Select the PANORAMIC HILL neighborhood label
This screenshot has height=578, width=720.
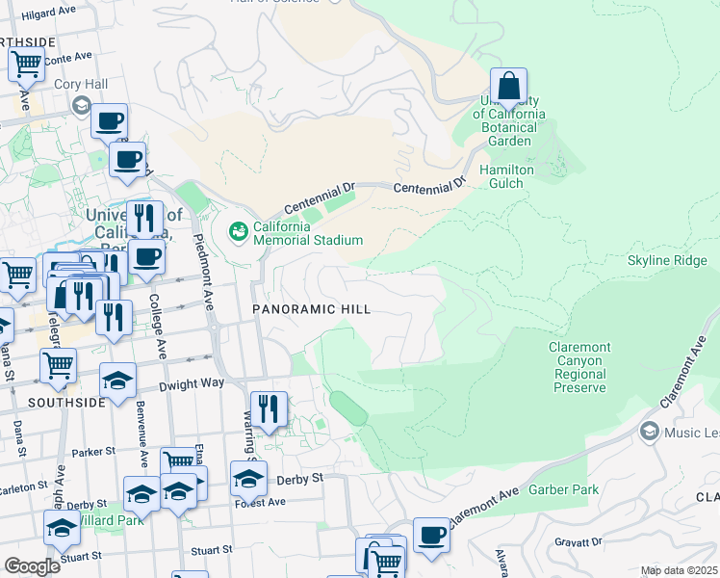click(311, 309)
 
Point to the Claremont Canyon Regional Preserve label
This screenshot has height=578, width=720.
click(579, 367)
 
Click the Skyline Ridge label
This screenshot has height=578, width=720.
click(667, 261)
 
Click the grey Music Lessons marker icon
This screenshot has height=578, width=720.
click(650, 431)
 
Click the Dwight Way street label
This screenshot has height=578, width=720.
click(198, 382)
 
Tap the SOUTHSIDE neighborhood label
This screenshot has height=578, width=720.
click(66, 403)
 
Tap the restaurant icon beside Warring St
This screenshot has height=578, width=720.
click(268, 407)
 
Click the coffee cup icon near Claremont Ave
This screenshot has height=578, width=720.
click(430, 535)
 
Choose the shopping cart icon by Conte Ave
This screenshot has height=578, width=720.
click(26, 65)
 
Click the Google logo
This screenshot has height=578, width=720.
click(32, 565)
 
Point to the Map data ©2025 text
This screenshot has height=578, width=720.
click(680, 570)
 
